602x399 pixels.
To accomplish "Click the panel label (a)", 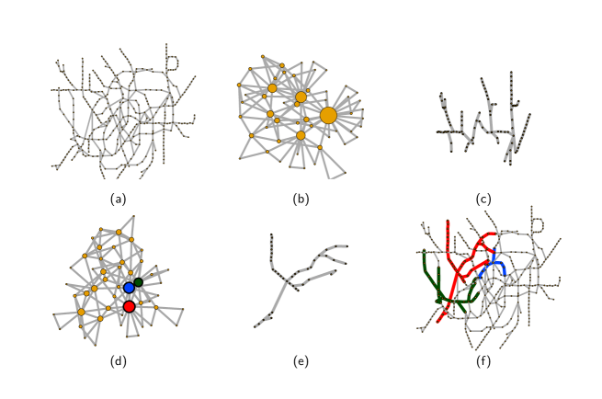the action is (118, 199).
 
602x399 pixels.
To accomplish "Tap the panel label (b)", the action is (301, 199).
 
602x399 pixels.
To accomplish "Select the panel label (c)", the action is (483, 199).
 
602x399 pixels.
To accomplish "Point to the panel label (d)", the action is (118, 361).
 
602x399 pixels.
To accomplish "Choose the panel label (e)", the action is (301, 361).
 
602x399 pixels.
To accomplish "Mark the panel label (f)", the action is (483, 361).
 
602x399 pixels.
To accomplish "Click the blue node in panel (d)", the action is (129, 288).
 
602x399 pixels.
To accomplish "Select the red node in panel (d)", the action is (129, 306).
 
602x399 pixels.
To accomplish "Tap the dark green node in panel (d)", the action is (139, 282).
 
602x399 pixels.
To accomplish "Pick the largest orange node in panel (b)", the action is (328, 115).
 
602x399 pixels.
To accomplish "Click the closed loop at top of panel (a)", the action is (171, 62).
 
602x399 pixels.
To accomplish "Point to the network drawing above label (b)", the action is (299, 115).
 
